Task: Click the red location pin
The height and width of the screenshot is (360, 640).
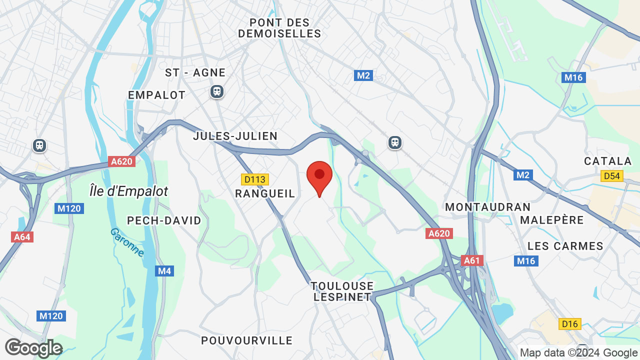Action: (x=319, y=176)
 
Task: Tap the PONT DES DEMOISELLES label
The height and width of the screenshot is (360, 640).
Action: (x=279, y=28)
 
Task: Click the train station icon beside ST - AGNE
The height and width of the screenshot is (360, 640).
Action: (x=217, y=91)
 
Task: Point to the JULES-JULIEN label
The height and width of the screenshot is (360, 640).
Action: (x=235, y=136)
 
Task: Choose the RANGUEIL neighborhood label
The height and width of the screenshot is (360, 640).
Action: (x=265, y=193)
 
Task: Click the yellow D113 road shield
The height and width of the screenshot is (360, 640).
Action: (x=255, y=179)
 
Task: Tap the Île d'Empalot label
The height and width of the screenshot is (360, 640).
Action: (x=128, y=191)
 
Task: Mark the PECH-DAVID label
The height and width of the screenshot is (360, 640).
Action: (x=164, y=220)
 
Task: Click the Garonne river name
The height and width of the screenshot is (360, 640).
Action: (x=127, y=242)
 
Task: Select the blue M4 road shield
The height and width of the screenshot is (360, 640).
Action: (x=164, y=271)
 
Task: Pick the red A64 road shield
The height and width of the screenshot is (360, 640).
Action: (x=22, y=236)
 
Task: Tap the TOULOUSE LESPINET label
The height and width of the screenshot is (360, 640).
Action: (x=342, y=291)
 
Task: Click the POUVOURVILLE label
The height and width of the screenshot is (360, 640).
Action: (x=246, y=340)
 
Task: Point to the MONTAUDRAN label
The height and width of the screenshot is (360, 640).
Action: (x=487, y=207)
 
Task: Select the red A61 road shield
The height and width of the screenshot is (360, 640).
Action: (x=471, y=260)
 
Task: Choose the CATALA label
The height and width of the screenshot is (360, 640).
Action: (x=608, y=161)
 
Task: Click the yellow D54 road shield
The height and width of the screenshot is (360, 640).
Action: (x=612, y=176)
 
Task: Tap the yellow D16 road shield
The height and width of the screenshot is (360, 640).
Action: (x=569, y=324)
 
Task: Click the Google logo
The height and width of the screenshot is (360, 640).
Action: (x=33, y=348)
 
